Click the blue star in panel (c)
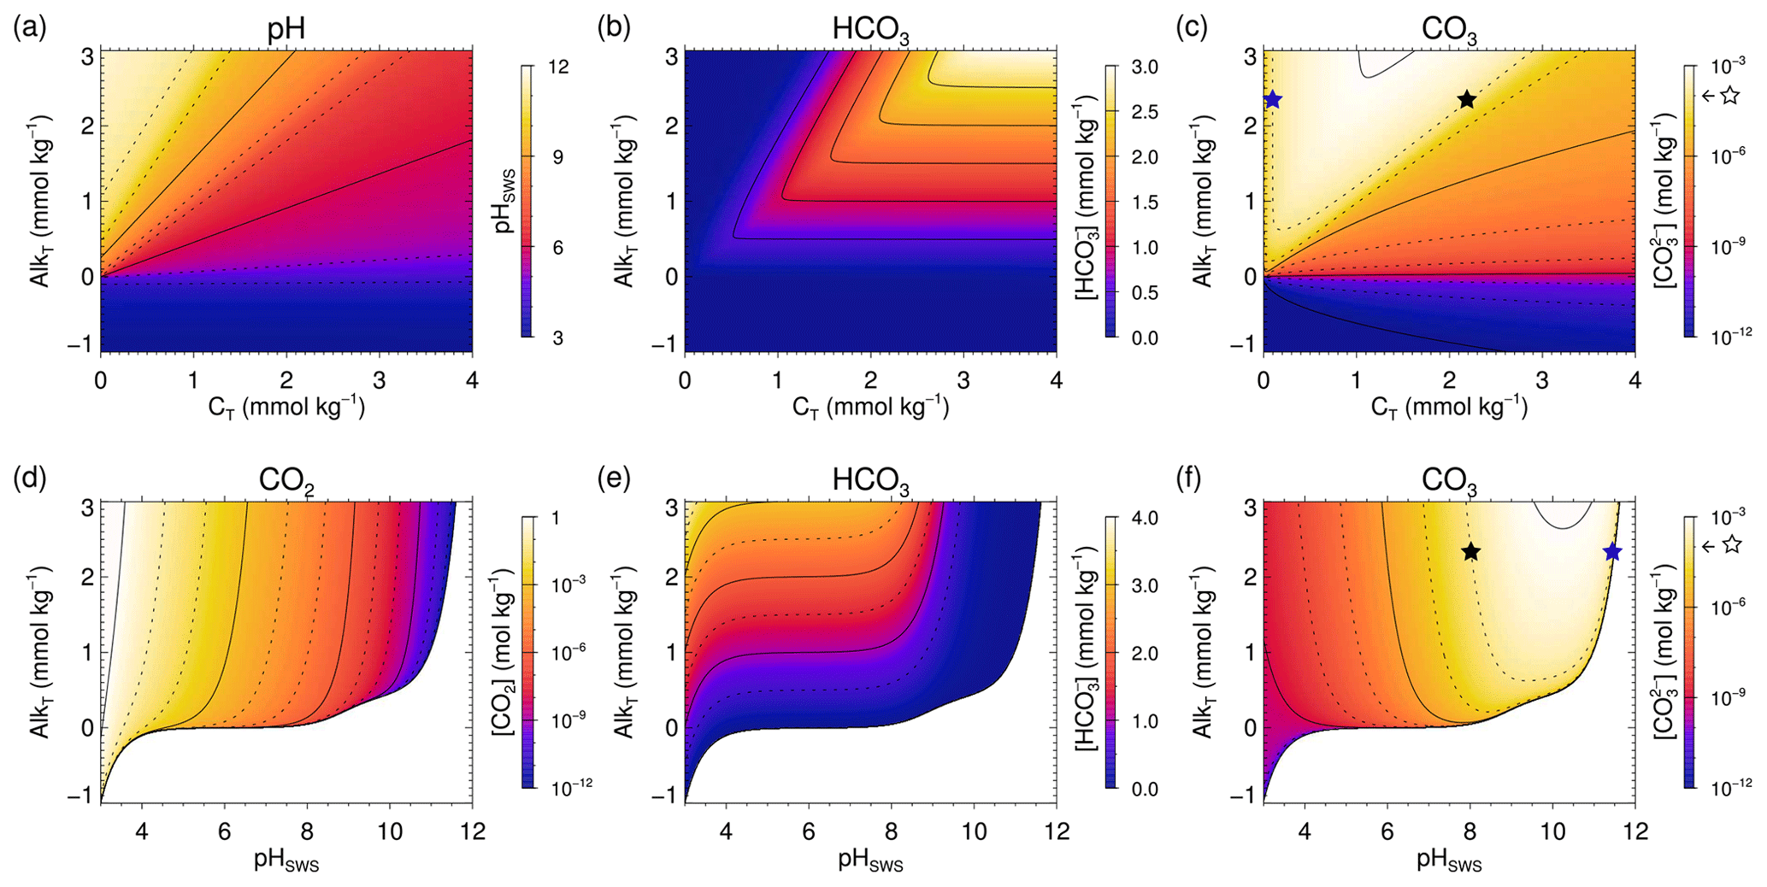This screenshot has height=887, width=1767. coord(1272,100)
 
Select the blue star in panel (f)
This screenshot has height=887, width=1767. coord(1612,552)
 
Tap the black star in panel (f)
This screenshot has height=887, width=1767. coord(1470,552)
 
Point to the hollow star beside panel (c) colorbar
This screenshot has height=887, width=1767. coord(1730,96)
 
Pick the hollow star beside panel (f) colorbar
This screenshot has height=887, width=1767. coord(1731,544)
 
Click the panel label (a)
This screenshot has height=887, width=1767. coord(29,27)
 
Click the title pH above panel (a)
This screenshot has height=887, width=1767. coord(286,30)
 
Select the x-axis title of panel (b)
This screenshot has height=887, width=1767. coord(870,407)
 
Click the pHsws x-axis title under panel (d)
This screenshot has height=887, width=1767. coord(286,860)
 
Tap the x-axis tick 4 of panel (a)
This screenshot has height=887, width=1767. coord(472,379)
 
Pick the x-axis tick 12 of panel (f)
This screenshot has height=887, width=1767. coord(1634,831)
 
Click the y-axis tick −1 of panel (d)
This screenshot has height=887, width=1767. coord(85,795)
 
